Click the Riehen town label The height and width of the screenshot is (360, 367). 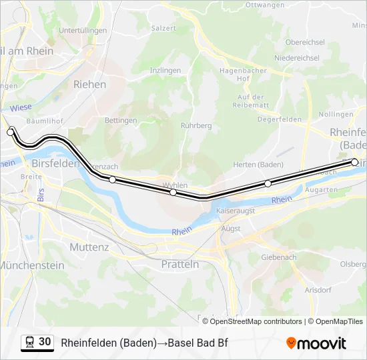tap(89, 85)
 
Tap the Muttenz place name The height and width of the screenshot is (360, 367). tap(89, 247)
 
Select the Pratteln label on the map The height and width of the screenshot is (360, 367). tap(180, 264)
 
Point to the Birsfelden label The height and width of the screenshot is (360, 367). tap(55, 163)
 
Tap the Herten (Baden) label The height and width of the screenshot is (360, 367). tap(258, 165)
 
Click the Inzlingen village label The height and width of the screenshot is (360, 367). tap(165, 70)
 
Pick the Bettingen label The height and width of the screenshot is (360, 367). tap(121, 121)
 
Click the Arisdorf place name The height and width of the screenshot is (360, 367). tap(317, 291)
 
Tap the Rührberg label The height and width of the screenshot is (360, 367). tap(196, 125)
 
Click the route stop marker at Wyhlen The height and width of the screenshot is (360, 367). tap(173, 192)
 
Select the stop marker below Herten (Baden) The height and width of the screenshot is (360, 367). tap(268, 183)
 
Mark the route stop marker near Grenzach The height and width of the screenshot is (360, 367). tap(112, 179)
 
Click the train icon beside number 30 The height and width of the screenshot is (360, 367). tap(30, 342)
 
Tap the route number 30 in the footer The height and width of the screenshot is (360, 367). tap(45, 341)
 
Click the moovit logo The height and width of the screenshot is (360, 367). tap(316, 343)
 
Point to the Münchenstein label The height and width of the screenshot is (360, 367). tap(32, 265)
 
